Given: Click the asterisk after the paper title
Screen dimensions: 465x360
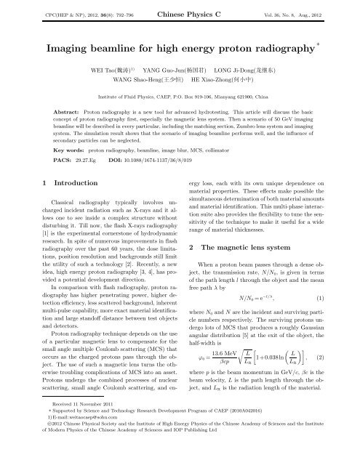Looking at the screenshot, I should tap(328, 44).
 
